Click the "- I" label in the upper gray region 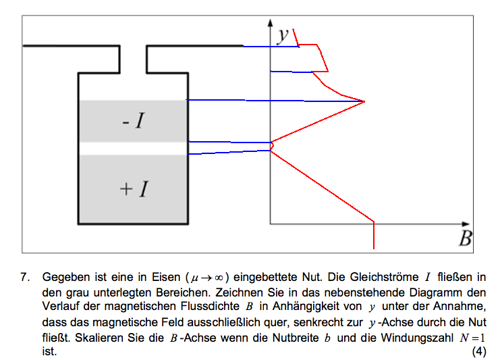click(x=134, y=121)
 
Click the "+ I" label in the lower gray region click(x=134, y=189)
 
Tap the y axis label click(x=283, y=35)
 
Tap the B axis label click(x=465, y=238)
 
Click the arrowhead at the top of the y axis click(x=271, y=22)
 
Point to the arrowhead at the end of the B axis click(x=466, y=224)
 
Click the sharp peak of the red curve click(x=364, y=101)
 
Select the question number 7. click(x=24, y=277)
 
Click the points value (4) click(x=479, y=351)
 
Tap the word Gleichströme click(x=384, y=277)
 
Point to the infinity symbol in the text click(x=219, y=278)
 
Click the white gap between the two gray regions click(x=133, y=149)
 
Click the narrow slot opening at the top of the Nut click(x=134, y=59)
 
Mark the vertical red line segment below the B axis click(x=374, y=235)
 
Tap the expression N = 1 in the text click(x=472, y=338)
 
